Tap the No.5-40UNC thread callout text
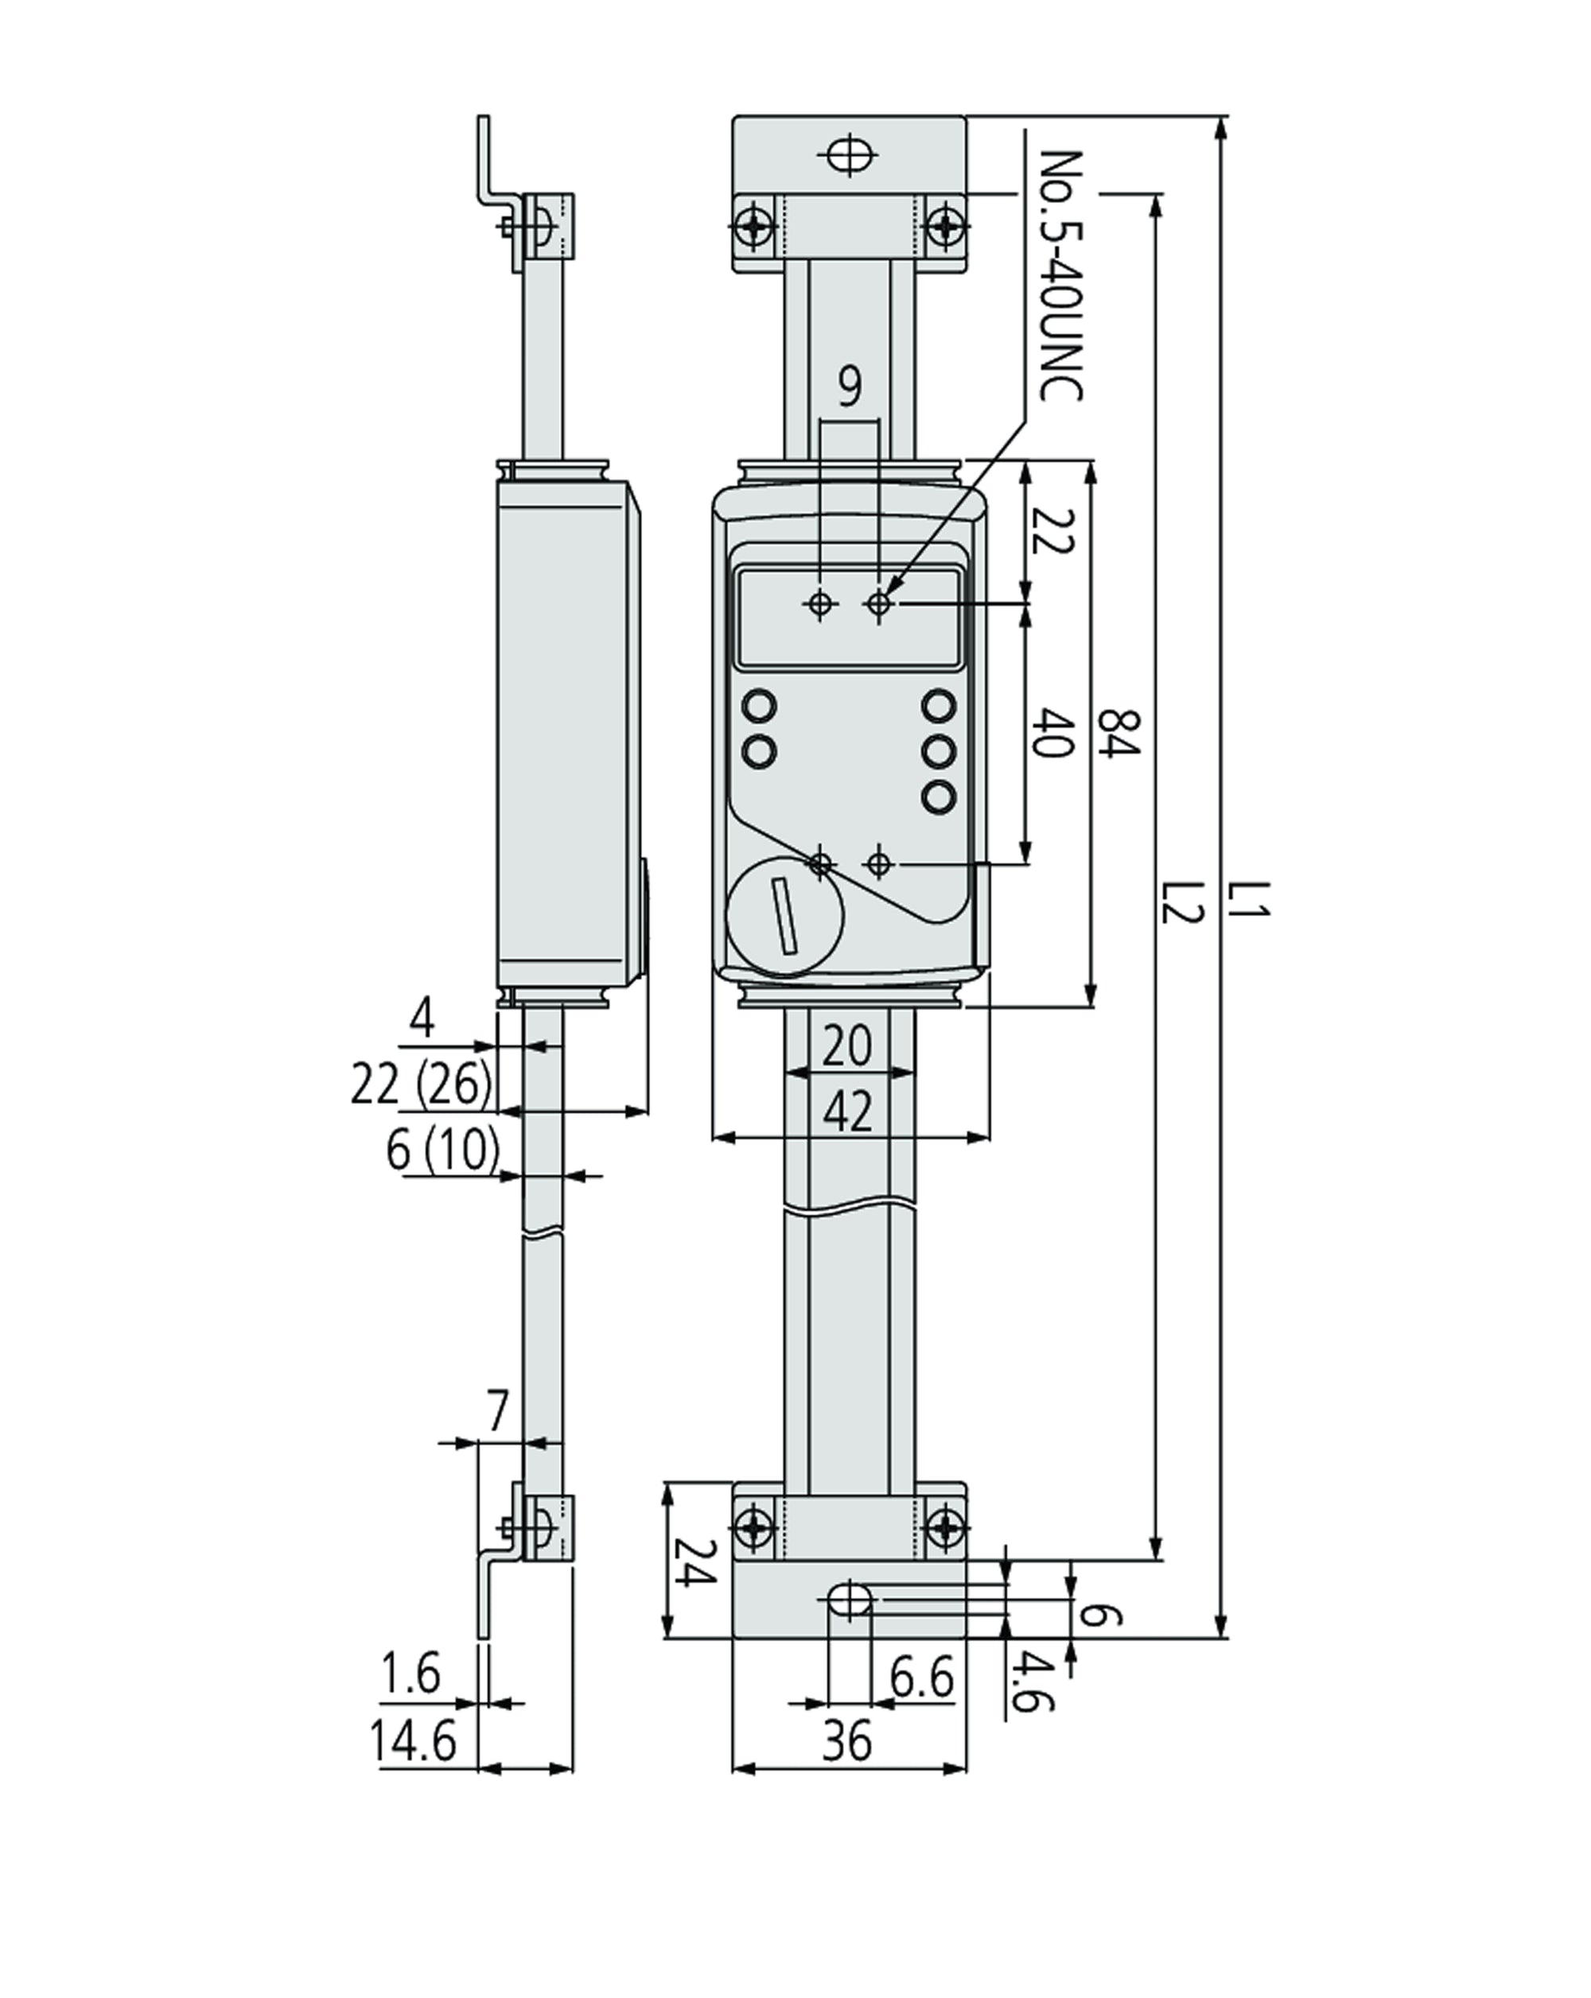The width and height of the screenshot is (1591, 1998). [1060, 275]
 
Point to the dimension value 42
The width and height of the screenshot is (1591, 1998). [847, 1112]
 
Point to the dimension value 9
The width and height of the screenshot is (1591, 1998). [850, 387]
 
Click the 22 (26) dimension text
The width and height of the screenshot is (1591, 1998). [421, 1084]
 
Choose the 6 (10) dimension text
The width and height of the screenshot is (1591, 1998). [442, 1150]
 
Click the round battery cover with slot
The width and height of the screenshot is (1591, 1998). [785, 916]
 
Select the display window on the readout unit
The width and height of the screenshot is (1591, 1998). [848, 617]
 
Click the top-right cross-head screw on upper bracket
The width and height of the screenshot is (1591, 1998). [946, 225]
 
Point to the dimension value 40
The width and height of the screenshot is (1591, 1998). [1052, 732]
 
